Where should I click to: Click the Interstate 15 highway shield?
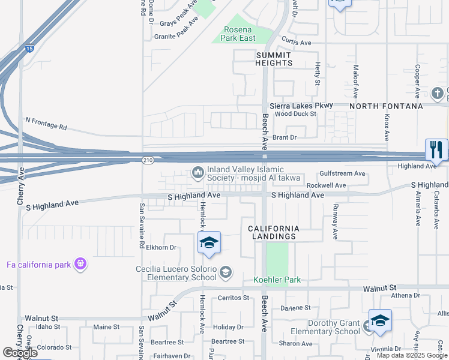tap(29, 49)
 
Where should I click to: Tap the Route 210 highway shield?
tap(146, 160)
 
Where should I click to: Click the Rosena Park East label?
tap(240, 34)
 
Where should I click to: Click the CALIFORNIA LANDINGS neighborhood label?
tap(274, 233)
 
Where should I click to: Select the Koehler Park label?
tap(277, 280)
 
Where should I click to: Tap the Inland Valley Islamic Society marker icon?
tap(198, 173)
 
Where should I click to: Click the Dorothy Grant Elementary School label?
tap(325, 328)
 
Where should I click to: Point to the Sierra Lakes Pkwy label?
tap(301, 106)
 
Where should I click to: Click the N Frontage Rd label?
tap(46, 124)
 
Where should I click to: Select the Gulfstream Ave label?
tap(343, 173)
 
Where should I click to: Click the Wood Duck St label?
tap(295, 113)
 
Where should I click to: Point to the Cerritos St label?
tap(234, 298)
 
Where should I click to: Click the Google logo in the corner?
tap(20, 353)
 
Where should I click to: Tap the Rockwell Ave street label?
tap(326, 185)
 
